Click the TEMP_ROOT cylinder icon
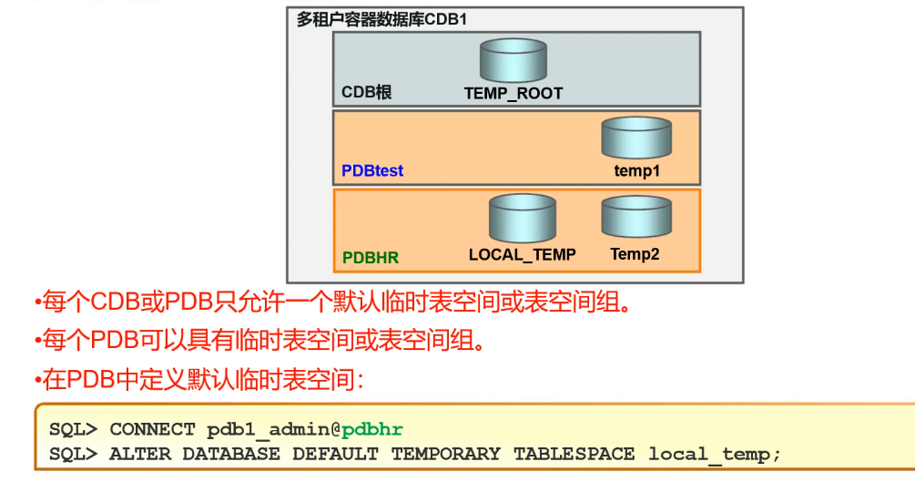click(x=513, y=60)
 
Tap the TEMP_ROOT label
click(x=513, y=93)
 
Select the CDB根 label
click(x=366, y=93)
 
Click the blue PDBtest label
click(x=372, y=170)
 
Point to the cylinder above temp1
click(x=636, y=138)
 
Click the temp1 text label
click(x=636, y=171)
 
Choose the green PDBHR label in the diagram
click(x=371, y=258)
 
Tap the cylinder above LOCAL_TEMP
click(x=523, y=219)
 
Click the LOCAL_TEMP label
click(x=523, y=255)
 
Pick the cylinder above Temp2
click(x=635, y=218)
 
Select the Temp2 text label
click(x=635, y=254)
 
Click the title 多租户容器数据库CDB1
click(x=381, y=19)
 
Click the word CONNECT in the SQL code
click(x=152, y=429)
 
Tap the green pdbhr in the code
click(x=372, y=429)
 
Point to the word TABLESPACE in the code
click(x=574, y=453)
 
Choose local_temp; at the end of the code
click(x=715, y=453)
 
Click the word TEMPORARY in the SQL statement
click(x=446, y=453)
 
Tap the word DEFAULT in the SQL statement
click(x=335, y=453)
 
